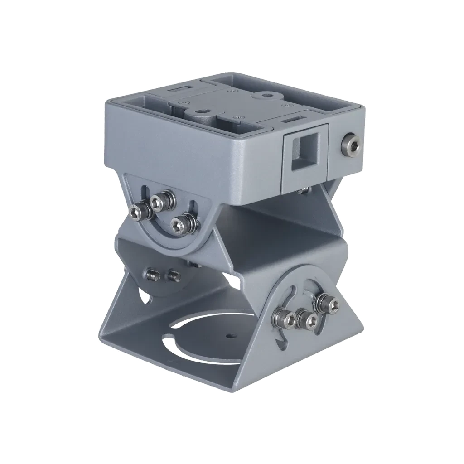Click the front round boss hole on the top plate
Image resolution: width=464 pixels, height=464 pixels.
pyautogui.click(x=200, y=111)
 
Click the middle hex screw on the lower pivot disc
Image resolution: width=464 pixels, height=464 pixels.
pyautogui.click(x=310, y=320)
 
